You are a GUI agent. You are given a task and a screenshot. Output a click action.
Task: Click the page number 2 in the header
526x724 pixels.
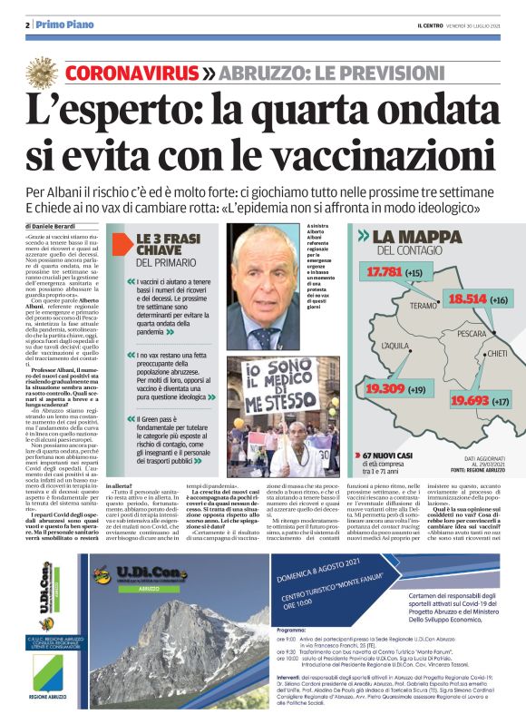(x=27, y=24)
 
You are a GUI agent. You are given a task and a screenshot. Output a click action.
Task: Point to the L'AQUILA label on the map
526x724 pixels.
(x=397, y=347)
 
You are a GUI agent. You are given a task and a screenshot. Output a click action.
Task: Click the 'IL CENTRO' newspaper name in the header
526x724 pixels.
(x=427, y=24)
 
